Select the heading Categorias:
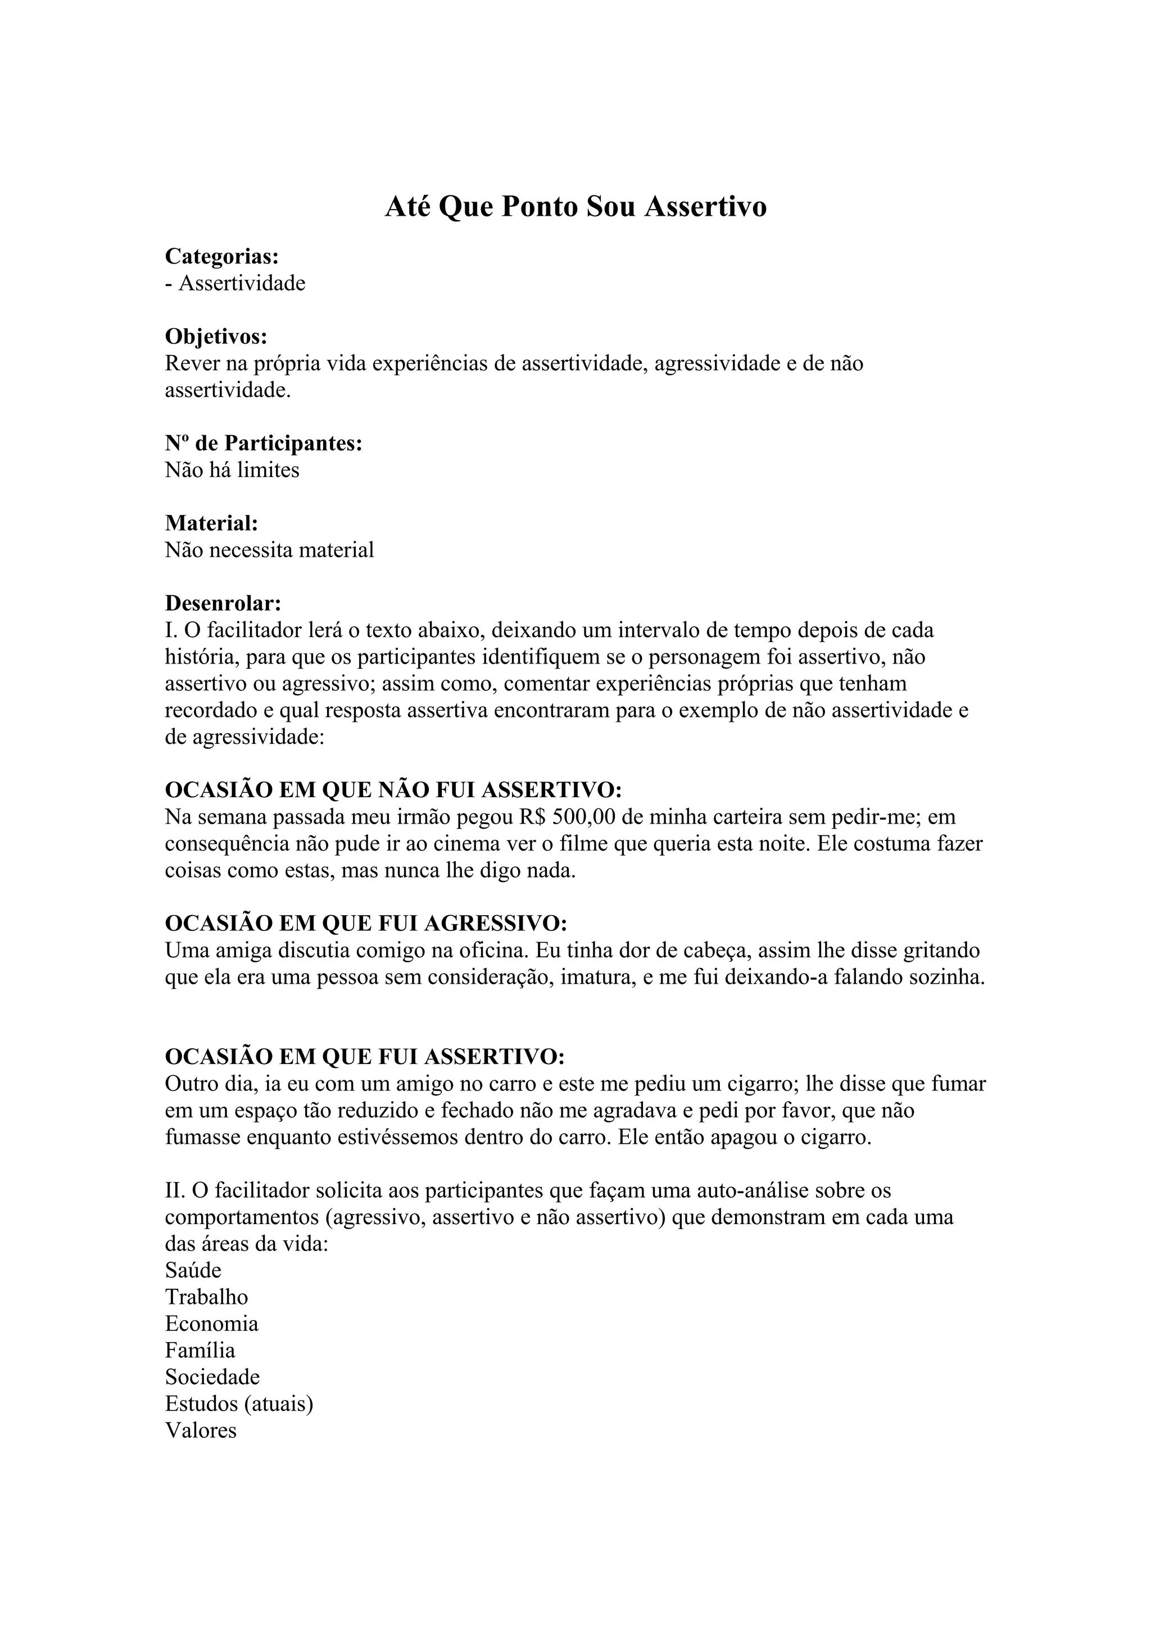(x=222, y=256)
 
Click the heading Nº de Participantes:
(x=264, y=443)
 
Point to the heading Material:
(x=211, y=524)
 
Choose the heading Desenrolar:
(x=223, y=603)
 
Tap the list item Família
(x=200, y=1350)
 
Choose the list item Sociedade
(x=212, y=1377)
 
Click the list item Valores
(x=201, y=1430)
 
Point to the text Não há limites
(x=232, y=470)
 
